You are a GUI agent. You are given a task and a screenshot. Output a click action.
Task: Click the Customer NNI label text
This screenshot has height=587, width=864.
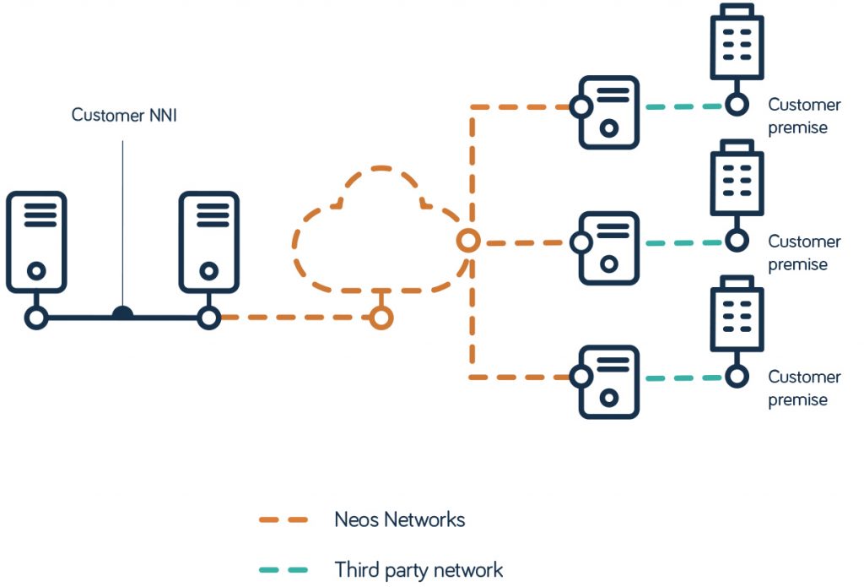pyautogui.click(x=123, y=115)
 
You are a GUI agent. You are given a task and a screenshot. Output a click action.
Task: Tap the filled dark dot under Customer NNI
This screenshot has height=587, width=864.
pyautogui.click(x=123, y=314)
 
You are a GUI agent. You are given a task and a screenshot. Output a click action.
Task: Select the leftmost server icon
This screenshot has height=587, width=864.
pyautogui.click(x=35, y=242)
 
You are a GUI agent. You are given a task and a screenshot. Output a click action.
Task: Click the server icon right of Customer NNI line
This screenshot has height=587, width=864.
pyautogui.click(x=208, y=242)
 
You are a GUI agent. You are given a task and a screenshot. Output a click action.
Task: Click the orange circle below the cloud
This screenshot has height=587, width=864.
pyautogui.click(x=381, y=318)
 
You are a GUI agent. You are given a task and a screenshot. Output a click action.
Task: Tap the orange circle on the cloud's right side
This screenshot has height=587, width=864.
pyautogui.click(x=468, y=242)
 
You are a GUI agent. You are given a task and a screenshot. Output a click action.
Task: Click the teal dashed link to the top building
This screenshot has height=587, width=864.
pyautogui.click(x=683, y=107)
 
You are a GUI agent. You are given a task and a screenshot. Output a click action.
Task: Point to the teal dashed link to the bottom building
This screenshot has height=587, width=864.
pyautogui.click(x=683, y=378)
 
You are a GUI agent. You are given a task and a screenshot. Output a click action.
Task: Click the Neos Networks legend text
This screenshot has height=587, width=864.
pyautogui.click(x=399, y=519)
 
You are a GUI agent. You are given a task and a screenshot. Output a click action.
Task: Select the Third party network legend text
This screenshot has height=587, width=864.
pyautogui.click(x=418, y=570)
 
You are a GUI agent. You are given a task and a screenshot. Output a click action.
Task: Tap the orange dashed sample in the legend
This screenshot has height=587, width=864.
pyautogui.click(x=284, y=520)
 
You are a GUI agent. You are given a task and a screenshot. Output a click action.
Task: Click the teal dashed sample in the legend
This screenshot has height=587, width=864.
pyautogui.click(x=284, y=570)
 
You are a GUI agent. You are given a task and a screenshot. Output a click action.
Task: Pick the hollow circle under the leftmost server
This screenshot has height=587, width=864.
pyautogui.click(x=35, y=318)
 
